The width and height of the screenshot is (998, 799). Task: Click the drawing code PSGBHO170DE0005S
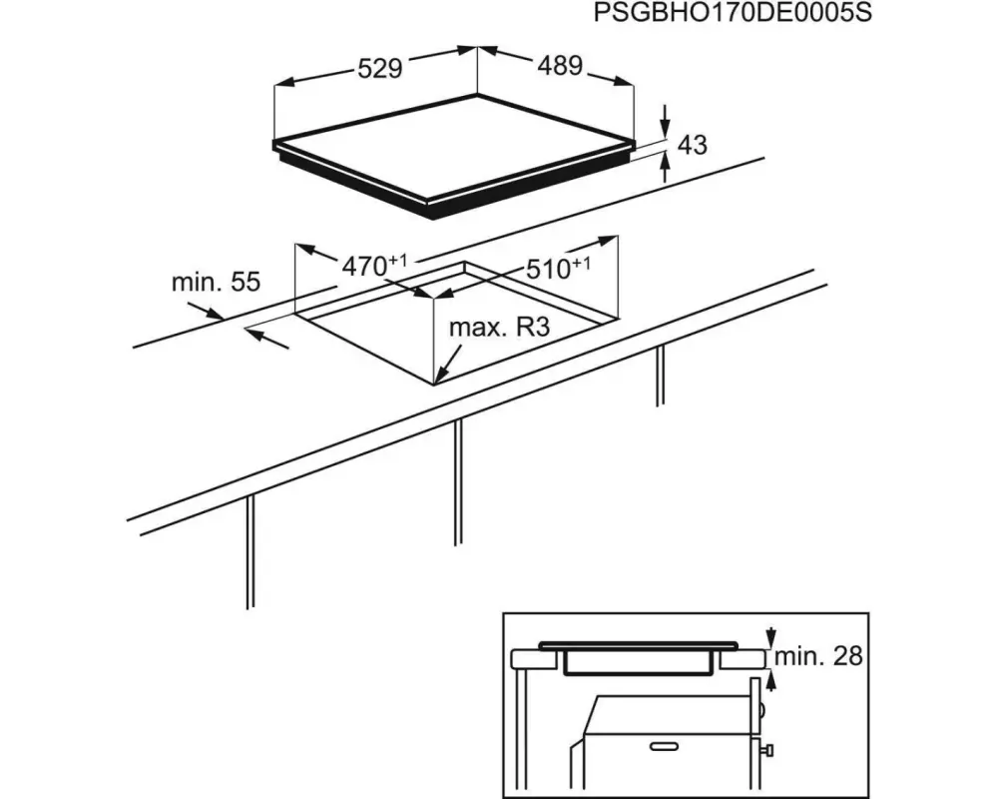tap(732, 12)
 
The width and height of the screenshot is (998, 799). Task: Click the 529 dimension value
tap(380, 68)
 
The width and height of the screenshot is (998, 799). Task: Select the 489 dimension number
tap(560, 65)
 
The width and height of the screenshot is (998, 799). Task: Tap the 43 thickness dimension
tap(693, 145)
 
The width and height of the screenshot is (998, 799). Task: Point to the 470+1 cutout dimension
tap(374, 266)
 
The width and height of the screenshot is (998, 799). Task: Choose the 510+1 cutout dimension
tap(558, 269)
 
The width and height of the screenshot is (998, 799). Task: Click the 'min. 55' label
tap(217, 282)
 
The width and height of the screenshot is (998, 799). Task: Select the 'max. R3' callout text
tap(499, 328)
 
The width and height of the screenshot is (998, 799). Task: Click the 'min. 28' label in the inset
tap(818, 655)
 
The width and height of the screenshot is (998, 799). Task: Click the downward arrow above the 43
tap(665, 121)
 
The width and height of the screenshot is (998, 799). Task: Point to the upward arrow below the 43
tap(665, 168)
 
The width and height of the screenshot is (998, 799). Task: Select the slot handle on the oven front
tap(664, 746)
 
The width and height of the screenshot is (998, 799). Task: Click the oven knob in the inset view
tap(768, 750)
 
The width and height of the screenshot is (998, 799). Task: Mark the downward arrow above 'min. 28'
tap(771, 637)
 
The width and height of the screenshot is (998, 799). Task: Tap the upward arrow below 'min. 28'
tap(771, 680)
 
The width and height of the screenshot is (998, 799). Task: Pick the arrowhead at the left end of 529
tap(283, 82)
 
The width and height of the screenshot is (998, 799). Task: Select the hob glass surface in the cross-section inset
tap(639, 646)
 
